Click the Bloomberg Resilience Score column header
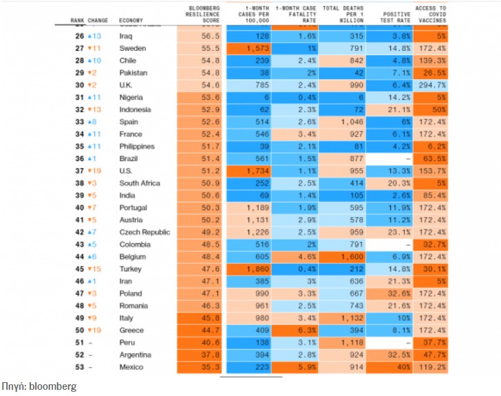[204, 14]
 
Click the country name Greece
[131, 330]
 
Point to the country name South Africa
[140, 183]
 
